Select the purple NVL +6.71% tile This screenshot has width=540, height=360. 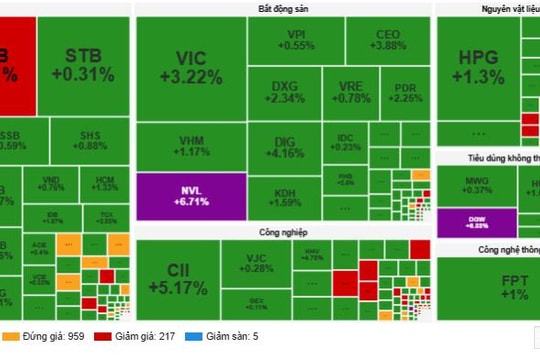190,194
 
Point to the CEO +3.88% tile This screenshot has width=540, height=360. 388,40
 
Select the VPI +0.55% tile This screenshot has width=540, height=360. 296,40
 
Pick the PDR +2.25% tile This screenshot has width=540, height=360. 404,92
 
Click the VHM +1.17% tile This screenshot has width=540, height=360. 190,145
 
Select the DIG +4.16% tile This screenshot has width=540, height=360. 286,148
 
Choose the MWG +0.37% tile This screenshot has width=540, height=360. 477,184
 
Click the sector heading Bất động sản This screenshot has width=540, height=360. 283,9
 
